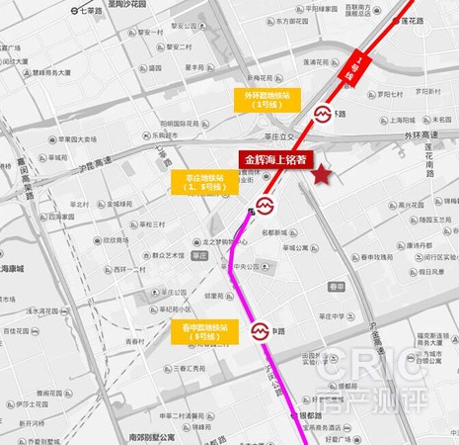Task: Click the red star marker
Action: point(323,174)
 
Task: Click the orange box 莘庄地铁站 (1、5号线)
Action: point(206,185)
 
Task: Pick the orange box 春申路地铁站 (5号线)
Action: point(204,330)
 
